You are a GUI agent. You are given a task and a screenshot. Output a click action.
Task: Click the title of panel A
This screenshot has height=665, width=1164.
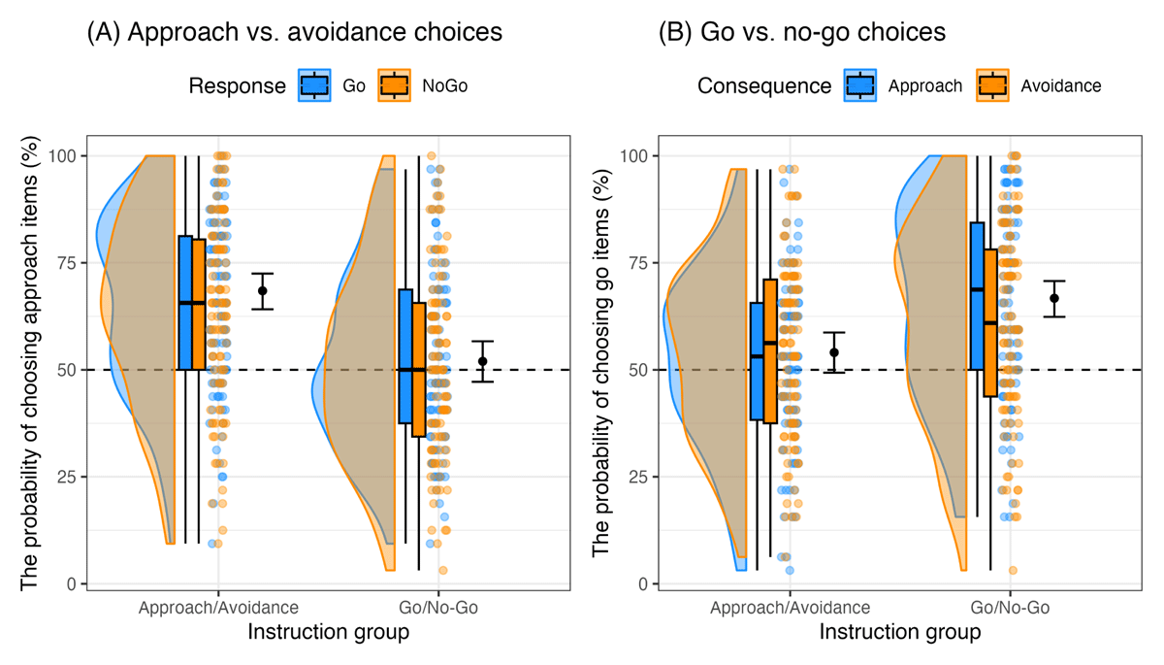coord(294,32)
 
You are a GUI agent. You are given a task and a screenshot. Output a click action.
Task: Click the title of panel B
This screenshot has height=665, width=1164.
coord(802,32)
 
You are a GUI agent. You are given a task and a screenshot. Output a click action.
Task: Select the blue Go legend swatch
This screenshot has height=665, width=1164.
coord(314,85)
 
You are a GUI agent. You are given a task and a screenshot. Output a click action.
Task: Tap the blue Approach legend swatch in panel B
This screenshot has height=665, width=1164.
coord(861,85)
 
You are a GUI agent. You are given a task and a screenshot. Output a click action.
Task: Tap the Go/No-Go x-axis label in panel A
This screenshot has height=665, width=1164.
coord(437,609)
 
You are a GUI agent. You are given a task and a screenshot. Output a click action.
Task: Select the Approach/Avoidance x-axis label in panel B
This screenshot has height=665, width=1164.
coord(790,609)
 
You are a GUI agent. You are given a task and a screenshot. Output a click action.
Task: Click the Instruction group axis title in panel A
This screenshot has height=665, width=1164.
coord(328,632)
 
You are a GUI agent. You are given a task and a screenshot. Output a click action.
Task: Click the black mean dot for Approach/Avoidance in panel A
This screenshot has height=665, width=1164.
coord(262,290)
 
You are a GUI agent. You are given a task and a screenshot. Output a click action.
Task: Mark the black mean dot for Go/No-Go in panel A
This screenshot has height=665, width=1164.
coord(482,361)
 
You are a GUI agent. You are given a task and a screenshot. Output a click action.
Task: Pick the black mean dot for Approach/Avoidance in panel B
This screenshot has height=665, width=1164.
coord(833,352)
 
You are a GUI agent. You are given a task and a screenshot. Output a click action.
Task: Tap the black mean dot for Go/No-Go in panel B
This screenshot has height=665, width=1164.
coord(1054,298)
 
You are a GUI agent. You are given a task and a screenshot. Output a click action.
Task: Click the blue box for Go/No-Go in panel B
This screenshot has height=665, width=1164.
coord(977,296)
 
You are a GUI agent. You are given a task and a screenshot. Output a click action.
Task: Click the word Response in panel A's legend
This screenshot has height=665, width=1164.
coord(237,85)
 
